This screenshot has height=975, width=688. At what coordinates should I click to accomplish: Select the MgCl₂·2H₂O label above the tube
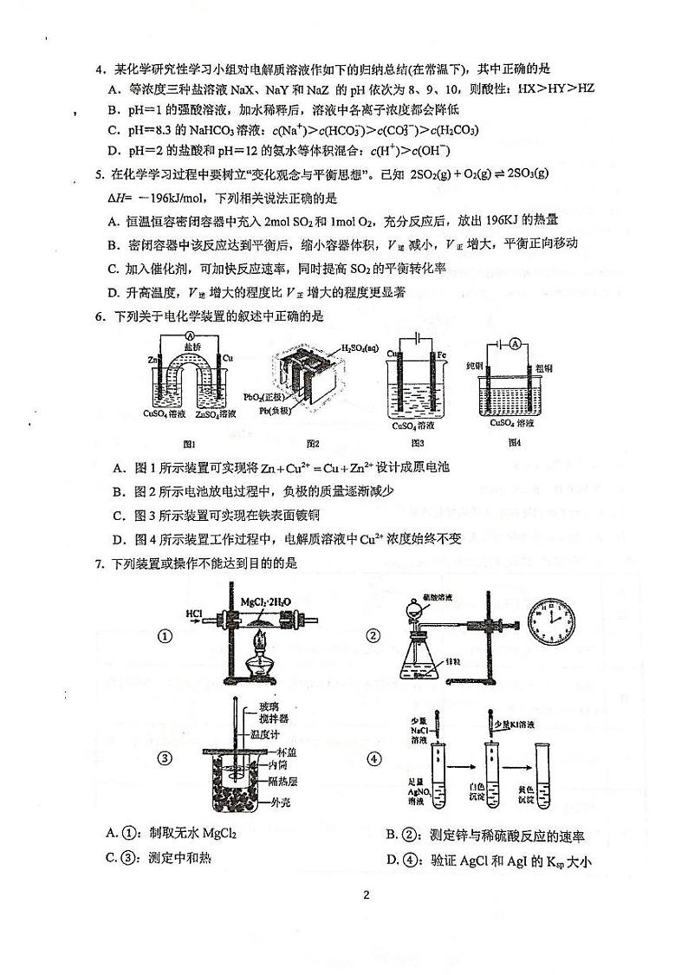click(x=263, y=601)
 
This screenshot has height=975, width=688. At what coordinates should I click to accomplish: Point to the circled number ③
click(x=166, y=760)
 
